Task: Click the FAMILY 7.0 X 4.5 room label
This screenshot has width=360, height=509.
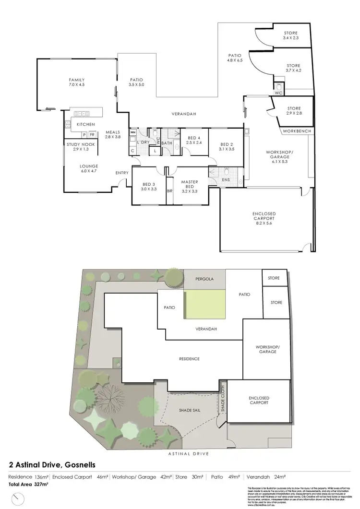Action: click(x=77, y=82)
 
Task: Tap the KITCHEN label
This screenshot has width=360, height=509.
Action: click(x=85, y=124)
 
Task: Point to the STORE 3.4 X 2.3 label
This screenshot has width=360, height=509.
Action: click(x=291, y=35)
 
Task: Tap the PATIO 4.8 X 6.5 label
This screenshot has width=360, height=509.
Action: click(x=235, y=58)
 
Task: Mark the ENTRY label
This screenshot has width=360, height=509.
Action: click(x=121, y=173)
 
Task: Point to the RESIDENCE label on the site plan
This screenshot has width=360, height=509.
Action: click(x=189, y=359)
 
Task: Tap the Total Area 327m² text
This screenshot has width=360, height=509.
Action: click(x=29, y=485)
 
